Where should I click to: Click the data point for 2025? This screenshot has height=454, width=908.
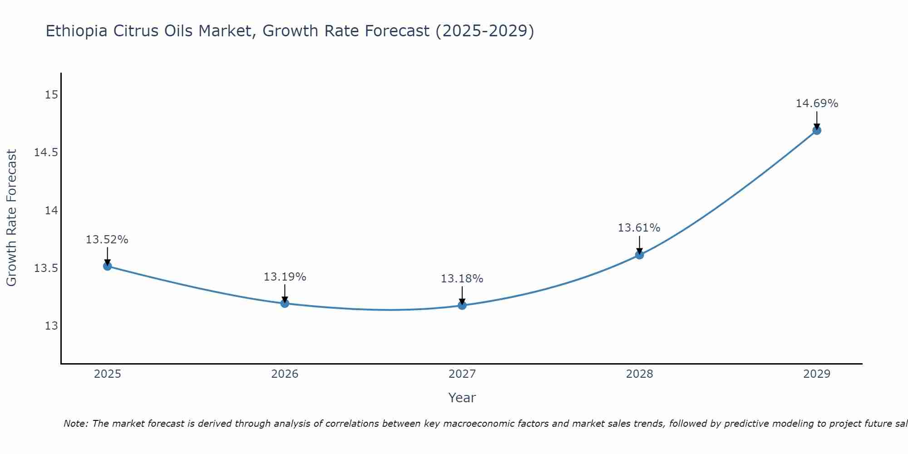point(108,266)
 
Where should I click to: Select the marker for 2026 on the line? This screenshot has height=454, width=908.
point(285,303)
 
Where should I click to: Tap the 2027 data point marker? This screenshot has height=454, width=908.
point(462,305)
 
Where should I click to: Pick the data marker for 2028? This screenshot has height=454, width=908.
point(639,255)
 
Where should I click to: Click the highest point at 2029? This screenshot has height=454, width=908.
point(817,130)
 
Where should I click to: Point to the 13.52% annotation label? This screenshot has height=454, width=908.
point(107,240)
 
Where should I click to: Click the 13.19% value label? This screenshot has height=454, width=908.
point(285,277)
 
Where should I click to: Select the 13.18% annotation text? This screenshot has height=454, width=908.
point(462,279)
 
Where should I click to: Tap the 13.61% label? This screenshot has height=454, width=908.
point(639,228)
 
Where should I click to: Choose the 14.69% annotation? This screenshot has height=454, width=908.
point(817,104)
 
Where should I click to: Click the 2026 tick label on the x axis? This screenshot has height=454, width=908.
point(285,374)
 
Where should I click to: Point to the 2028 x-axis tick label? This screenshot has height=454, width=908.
point(639,374)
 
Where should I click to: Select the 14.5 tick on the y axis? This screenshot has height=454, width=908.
point(46,153)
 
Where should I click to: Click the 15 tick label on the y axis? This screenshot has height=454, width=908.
point(52,95)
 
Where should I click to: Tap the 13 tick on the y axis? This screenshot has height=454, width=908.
point(52,326)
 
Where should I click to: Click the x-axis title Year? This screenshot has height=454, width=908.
point(462,398)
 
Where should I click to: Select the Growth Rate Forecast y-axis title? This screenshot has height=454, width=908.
point(11,218)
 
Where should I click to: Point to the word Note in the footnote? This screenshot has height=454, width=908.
point(76,424)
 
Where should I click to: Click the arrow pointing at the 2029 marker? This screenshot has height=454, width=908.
point(817,120)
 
